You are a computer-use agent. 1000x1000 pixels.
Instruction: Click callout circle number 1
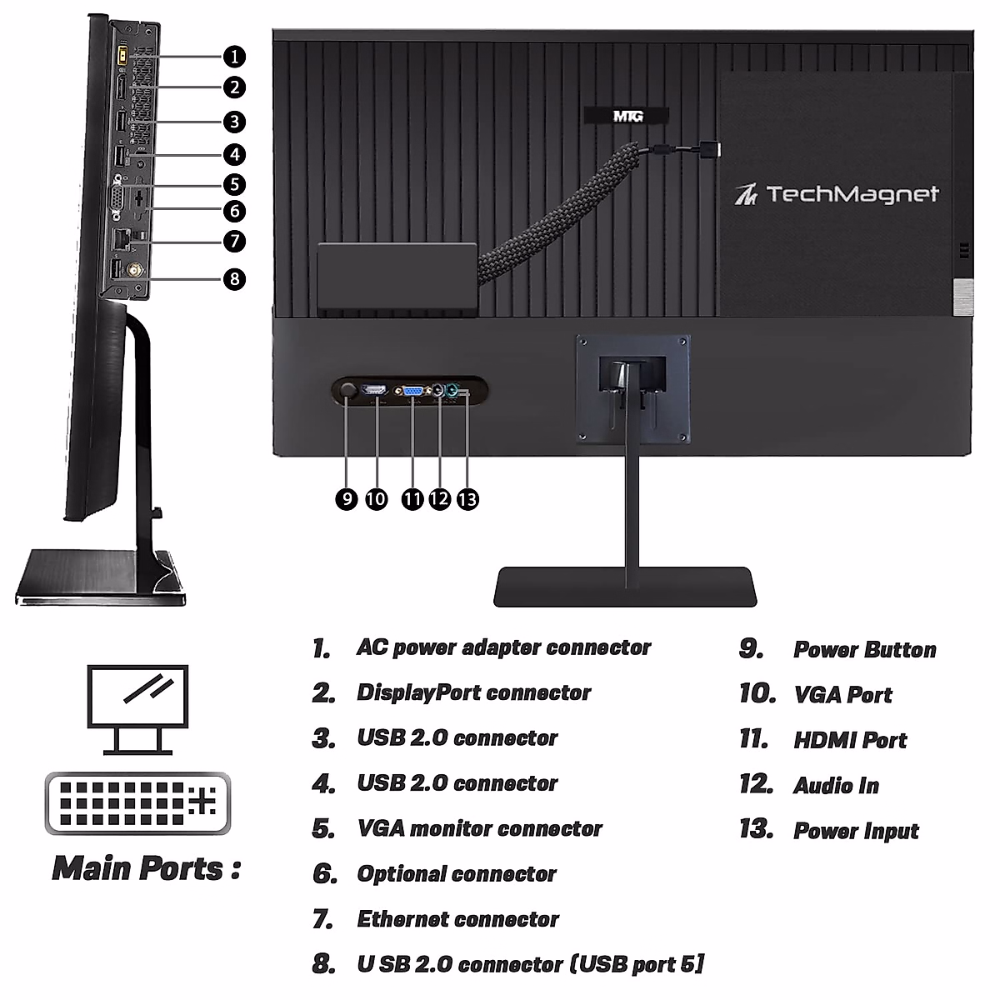(235, 57)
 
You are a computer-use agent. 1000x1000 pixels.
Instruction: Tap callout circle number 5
(235, 184)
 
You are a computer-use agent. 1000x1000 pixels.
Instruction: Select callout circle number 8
(235, 277)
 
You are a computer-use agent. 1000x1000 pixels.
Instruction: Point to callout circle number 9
(347, 498)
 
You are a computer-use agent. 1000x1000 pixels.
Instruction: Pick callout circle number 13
(468, 498)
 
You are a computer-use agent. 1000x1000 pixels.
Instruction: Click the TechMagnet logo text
(837, 194)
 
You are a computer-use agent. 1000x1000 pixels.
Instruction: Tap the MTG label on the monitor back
(627, 116)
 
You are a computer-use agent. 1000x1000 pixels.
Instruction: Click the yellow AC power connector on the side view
(119, 54)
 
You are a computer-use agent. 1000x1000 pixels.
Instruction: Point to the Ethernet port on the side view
(122, 237)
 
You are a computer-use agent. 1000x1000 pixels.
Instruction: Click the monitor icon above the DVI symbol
(137, 708)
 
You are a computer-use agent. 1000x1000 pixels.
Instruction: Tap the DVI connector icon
(137, 802)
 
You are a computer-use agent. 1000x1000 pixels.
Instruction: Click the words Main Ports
(147, 868)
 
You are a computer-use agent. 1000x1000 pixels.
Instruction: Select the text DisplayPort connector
(473, 692)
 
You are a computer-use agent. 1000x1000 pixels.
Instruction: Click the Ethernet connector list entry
(457, 919)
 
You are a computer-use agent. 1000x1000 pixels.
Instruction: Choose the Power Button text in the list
(864, 650)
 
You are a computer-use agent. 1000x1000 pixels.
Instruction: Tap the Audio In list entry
(836, 786)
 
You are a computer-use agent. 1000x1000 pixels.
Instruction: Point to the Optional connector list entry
(457, 874)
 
